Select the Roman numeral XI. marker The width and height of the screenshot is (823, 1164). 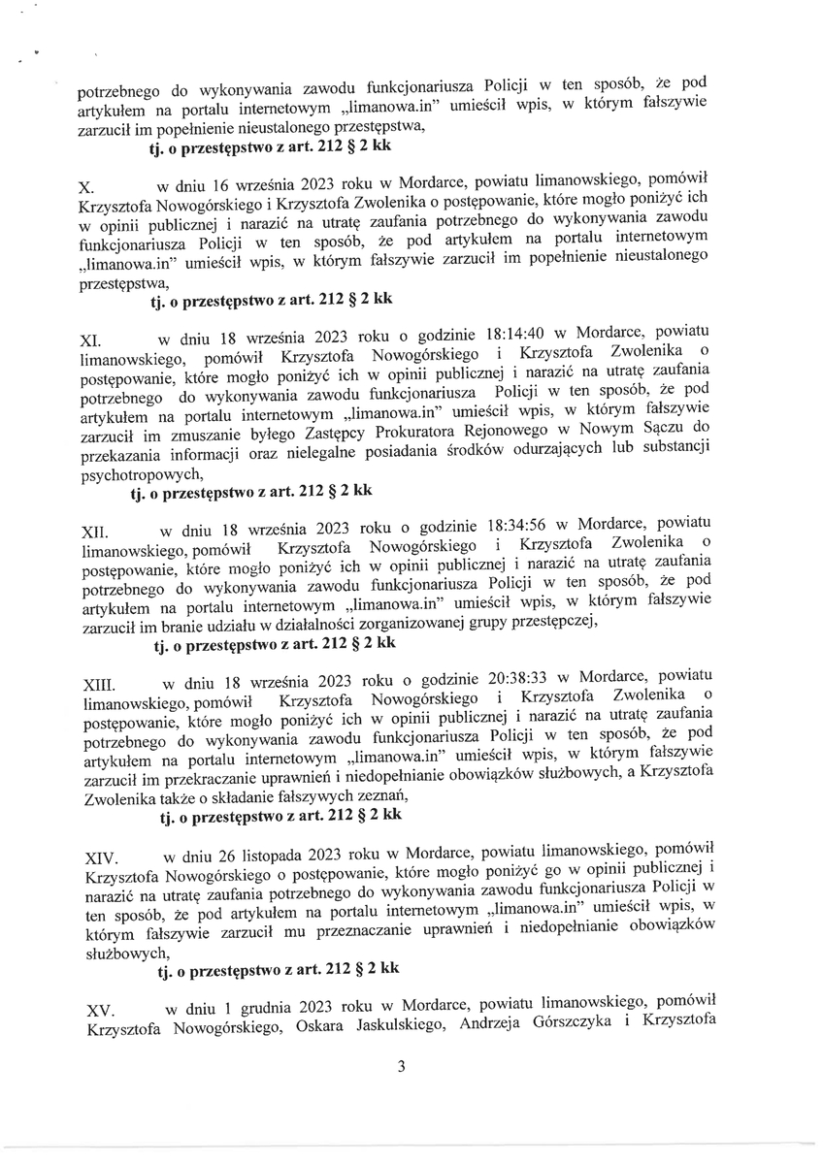pyautogui.click(x=89, y=341)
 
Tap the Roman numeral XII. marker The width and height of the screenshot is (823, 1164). pyautogui.click(x=92, y=532)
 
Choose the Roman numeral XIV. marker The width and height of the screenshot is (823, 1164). pyautogui.click(x=101, y=858)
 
